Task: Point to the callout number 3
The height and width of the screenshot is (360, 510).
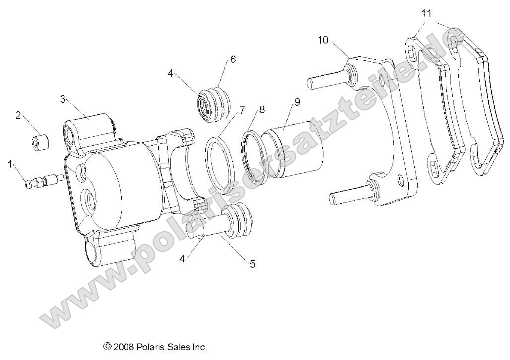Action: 63,99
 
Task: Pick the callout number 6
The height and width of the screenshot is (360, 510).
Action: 232,60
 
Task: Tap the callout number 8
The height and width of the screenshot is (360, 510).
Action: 261,109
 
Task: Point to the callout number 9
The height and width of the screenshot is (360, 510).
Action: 297,103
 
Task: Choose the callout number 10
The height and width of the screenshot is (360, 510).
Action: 323,40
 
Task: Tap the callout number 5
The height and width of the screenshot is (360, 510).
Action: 252,264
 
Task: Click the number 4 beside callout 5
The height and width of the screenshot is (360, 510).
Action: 183,258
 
